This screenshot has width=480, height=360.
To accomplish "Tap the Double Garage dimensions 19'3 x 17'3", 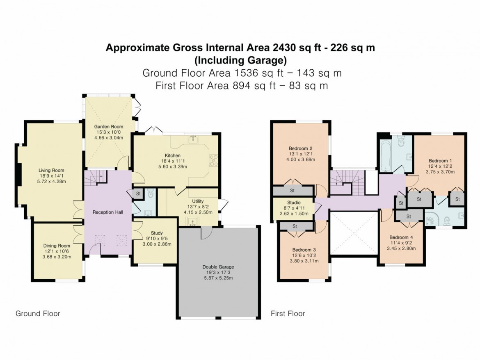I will [218, 272].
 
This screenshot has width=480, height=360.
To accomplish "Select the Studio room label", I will [294, 203].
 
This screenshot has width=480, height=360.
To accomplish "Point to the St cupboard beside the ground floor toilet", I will [138, 194].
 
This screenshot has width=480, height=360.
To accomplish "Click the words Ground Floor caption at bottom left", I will [38, 314].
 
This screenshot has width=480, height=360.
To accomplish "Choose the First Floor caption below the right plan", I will [288, 314].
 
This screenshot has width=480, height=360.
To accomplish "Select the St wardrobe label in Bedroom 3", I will [295, 226].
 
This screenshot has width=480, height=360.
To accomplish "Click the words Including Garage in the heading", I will [240, 61].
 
